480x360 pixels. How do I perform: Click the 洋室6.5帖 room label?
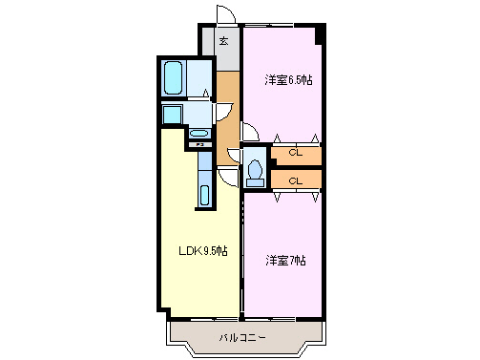point(288,80)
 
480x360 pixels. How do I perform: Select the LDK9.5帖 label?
point(203,251)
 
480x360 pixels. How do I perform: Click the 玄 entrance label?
point(223,41)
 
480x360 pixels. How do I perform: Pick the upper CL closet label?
point(296,153)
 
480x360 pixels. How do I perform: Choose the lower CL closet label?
point(296,180)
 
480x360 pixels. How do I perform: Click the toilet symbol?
point(255,171)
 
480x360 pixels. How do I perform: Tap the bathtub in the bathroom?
point(173,77)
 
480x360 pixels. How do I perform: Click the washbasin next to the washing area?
point(198,134)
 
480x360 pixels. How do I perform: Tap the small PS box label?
point(201,145)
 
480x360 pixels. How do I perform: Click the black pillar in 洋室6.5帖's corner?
point(322,35)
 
